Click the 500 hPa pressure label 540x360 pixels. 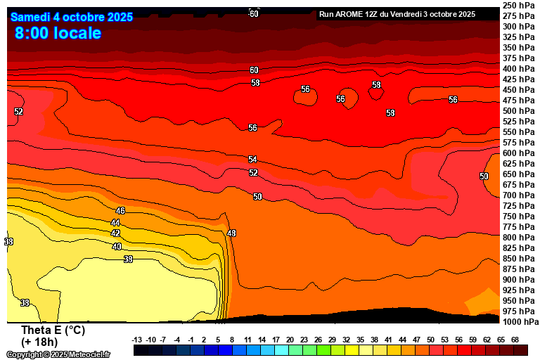click(520, 111)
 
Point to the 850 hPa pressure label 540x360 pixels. click(520, 259)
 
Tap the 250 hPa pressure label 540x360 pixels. click(520, 6)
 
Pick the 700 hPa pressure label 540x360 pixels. click(520, 195)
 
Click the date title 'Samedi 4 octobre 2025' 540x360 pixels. click(72, 17)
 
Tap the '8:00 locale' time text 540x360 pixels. click(58, 33)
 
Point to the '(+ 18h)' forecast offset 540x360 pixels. click(39, 342)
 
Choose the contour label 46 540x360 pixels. click(120, 211)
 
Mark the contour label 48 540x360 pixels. click(231, 233)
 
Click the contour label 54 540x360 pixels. click(252, 160)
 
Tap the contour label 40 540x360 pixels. click(117, 247)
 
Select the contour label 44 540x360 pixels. click(115, 222)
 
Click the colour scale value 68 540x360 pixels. click(520, 340)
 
